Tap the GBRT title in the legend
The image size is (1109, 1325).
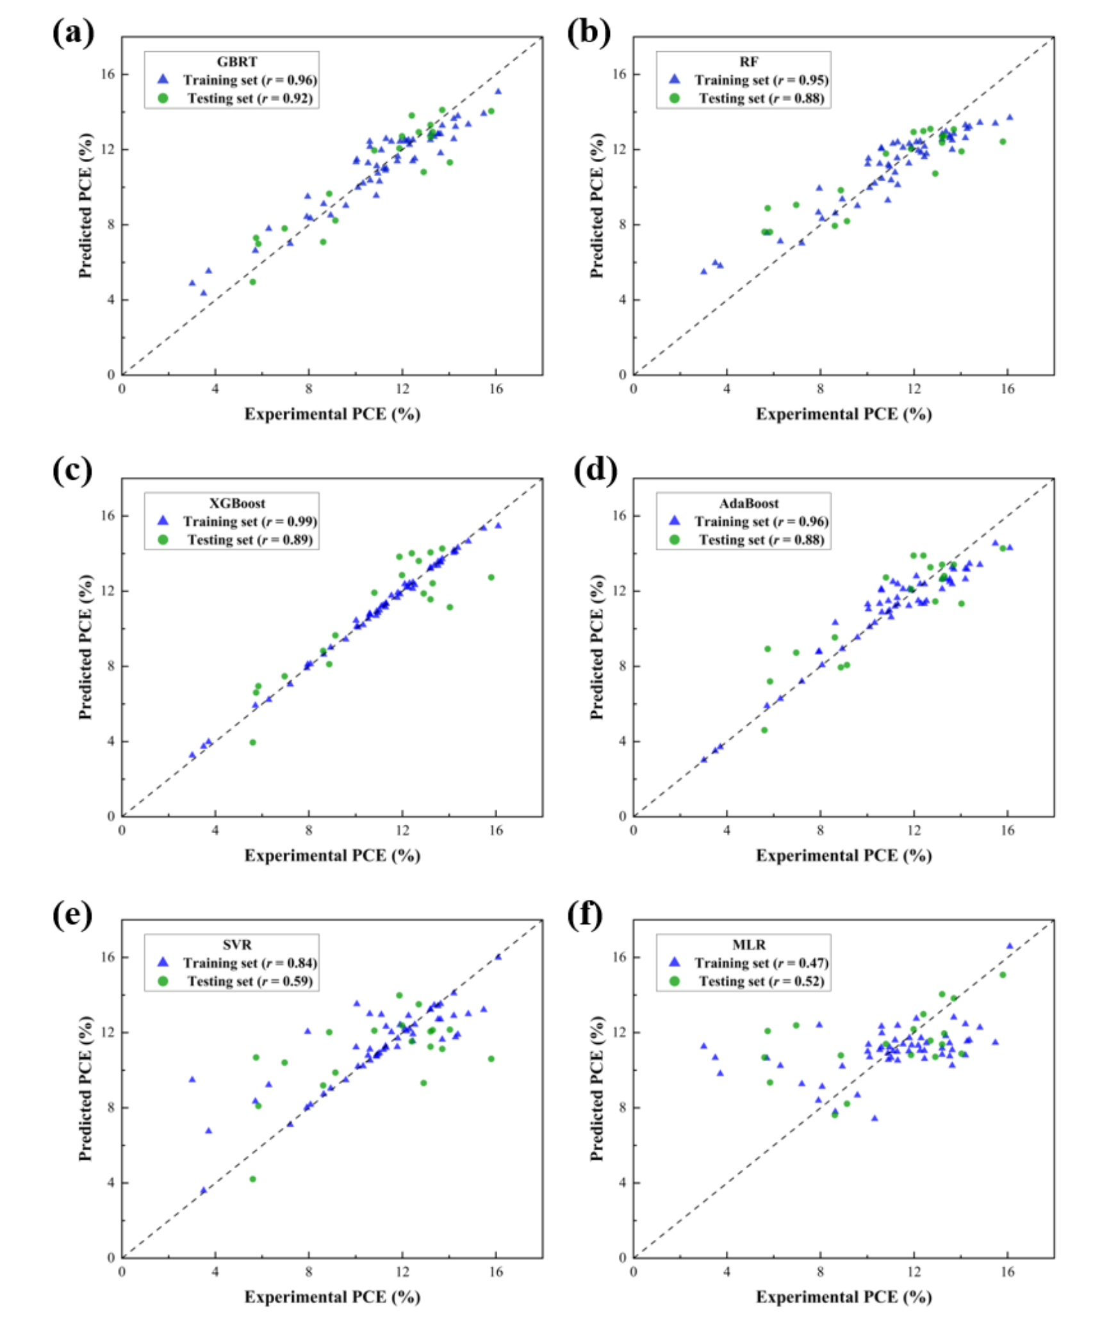click(x=236, y=61)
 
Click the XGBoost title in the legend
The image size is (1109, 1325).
click(x=236, y=503)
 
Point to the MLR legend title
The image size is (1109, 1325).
click(x=748, y=945)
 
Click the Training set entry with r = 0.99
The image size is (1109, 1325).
click(x=250, y=521)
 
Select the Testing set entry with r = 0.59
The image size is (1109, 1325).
click(x=250, y=981)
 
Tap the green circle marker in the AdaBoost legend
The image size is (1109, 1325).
click(x=675, y=540)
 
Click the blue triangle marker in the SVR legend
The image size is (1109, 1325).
click(x=163, y=963)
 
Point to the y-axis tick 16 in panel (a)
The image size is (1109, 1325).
click(x=108, y=74)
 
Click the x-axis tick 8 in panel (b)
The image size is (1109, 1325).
click(x=820, y=389)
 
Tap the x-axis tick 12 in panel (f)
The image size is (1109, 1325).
click(x=914, y=1271)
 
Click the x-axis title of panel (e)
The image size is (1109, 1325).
click(x=332, y=1297)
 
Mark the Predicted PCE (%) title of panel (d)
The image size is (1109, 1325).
click(x=597, y=647)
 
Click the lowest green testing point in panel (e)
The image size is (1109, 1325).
click(x=252, y=1179)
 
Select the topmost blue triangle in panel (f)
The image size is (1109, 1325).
click(x=1009, y=946)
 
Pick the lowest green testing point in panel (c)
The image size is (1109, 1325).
click(x=252, y=742)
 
